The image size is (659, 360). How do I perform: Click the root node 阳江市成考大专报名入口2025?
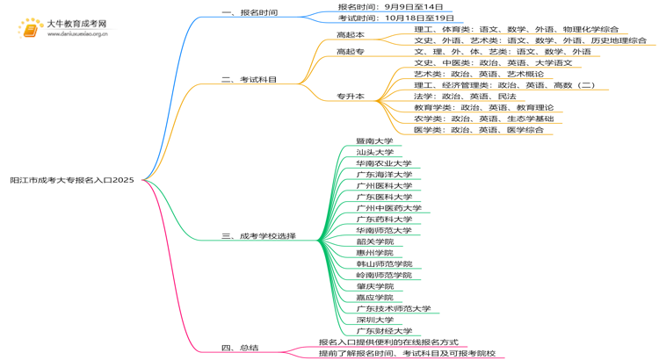pos(72,179)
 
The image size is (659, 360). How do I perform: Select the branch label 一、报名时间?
pos(250,12)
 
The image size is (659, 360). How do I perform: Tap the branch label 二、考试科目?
pos(250,80)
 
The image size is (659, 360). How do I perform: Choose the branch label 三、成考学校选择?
pos(258,236)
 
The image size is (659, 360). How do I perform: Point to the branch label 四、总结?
pos(240,348)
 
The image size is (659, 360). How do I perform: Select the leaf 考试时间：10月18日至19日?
pos(395,18)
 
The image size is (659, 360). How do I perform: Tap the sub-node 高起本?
pos(350,35)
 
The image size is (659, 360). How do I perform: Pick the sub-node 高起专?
pos(350,52)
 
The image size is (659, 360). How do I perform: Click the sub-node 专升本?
pos(350,96)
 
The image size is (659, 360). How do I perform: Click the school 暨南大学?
pos(374,141)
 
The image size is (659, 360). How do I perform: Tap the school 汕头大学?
pos(374,153)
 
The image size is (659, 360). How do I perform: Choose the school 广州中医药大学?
pos(388,208)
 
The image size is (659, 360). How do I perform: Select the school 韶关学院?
pos(374,241)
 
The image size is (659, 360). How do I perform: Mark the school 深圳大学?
pos(374,320)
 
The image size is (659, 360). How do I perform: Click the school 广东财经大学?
pos(384,331)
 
